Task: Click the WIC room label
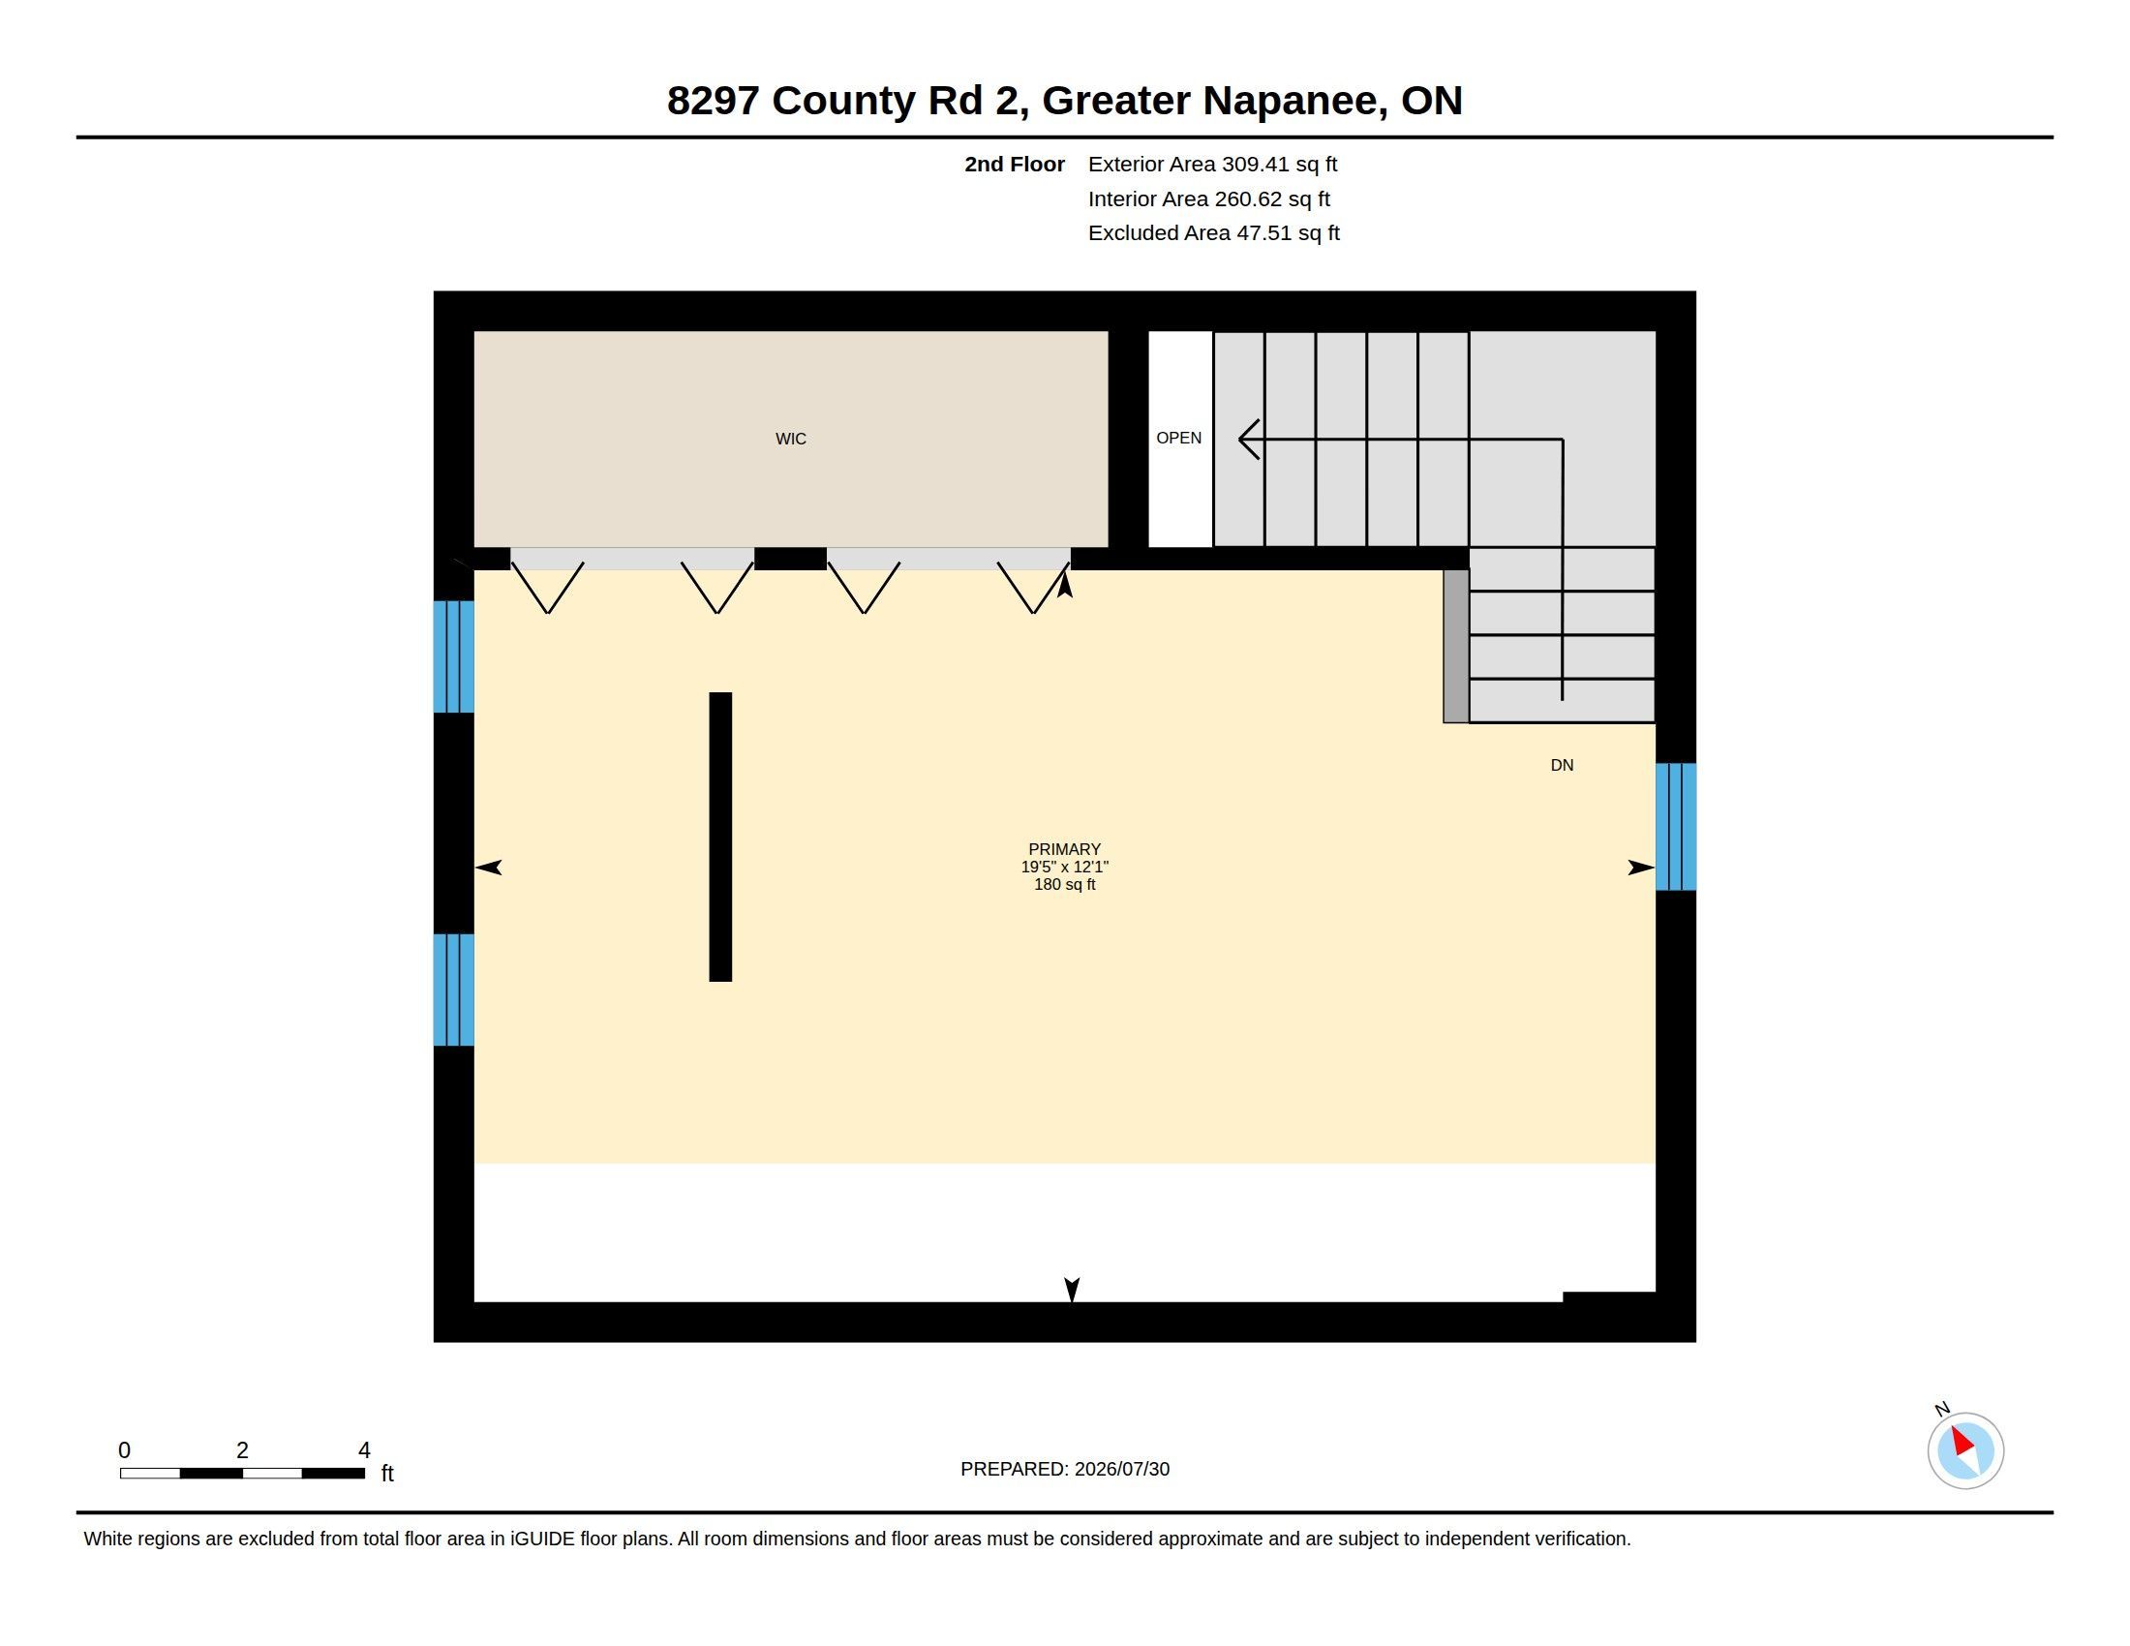tap(791, 439)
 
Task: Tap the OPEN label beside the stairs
tap(1178, 438)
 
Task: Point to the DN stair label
tap(1562, 766)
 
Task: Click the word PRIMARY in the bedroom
tap(1064, 849)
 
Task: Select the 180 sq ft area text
tap(1064, 884)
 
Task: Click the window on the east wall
tap(1676, 827)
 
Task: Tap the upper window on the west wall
tap(453, 656)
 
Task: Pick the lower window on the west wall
tap(453, 990)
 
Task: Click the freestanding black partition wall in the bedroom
tap(719, 837)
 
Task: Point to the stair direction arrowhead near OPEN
tap(1247, 439)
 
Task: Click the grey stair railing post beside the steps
tap(1456, 646)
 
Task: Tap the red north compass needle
tap(1963, 1442)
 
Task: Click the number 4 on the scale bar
tap(364, 1450)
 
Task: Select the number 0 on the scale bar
tap(124, 1450)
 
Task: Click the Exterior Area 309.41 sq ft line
tap(1212, 165)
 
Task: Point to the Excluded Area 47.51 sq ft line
tap(1213, 233)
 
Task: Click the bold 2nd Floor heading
tap(1015, 165)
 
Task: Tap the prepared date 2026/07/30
tap(1121, 1469)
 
